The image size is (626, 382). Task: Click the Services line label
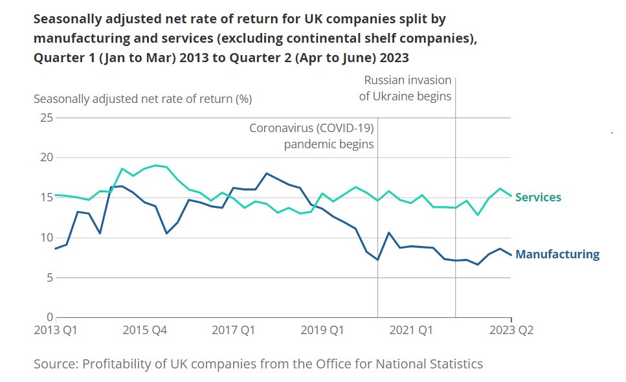pyautogui.click(x=538, y=197)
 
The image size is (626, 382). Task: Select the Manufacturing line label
pyautogui.click(x=557, y=254)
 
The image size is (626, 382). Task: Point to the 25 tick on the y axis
pyautogui.click(x=45, y=118)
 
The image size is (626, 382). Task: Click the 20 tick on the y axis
pyautogui.click(x=45, y=157)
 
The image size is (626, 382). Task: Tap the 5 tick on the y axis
pyautogui.click(x=49, y=277)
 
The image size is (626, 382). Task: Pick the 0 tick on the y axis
pyautogui.click(x=49, y=317)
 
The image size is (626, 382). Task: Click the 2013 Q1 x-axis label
pyautogui.click(x=56, y=330)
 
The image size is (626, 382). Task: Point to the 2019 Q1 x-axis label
pyautogui.click(x=322, y=330)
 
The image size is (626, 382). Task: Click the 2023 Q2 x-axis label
pyautogui.click(x=511, y=330)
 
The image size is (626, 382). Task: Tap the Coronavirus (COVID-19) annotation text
pyautogui.click(x=312, y=128)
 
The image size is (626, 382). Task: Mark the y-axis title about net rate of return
pyautogui.click(x=142, y=99)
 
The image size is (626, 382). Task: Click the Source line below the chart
pyautogui.click(x=258, y=364)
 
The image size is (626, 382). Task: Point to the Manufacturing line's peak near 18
pyautogui.click(x=266, y=173)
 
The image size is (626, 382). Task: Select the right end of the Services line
pyautogui.click(x=511, y=196)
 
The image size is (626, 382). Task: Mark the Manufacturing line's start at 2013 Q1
pyautogui.click(x=56, y=249)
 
